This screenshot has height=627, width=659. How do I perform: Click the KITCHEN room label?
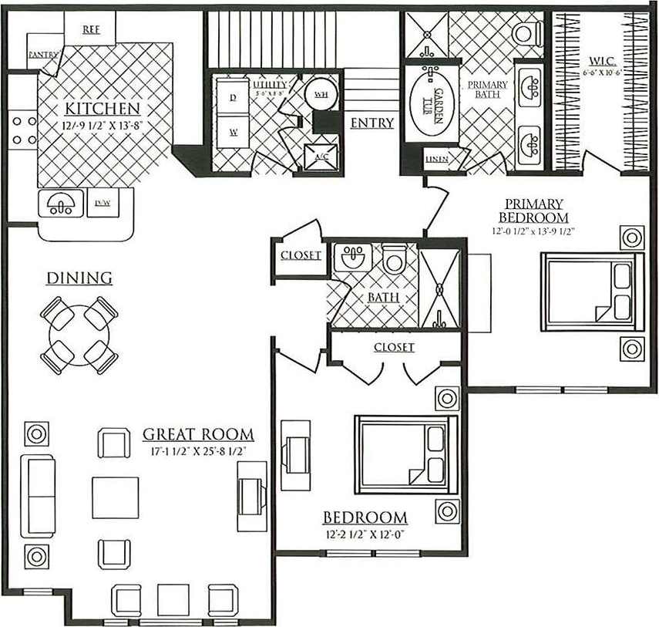coord(102,108)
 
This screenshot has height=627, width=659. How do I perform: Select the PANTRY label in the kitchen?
coord(44,55)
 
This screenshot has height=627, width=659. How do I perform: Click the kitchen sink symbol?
coord(60,204)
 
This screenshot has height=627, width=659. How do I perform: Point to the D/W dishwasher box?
coord(103,203)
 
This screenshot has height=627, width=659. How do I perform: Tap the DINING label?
coord(79,278)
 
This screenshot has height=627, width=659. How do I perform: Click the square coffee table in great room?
coord(116,498)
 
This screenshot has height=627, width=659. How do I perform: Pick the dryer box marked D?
coord(233,96)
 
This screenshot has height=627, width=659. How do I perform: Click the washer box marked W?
coord(233,131)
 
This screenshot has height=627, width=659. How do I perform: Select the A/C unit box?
coord(320,157)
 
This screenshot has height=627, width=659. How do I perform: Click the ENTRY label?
coord(372,123)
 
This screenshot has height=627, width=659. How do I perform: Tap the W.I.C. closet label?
coord(600,59)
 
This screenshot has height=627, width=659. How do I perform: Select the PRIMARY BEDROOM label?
coord(533,211)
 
